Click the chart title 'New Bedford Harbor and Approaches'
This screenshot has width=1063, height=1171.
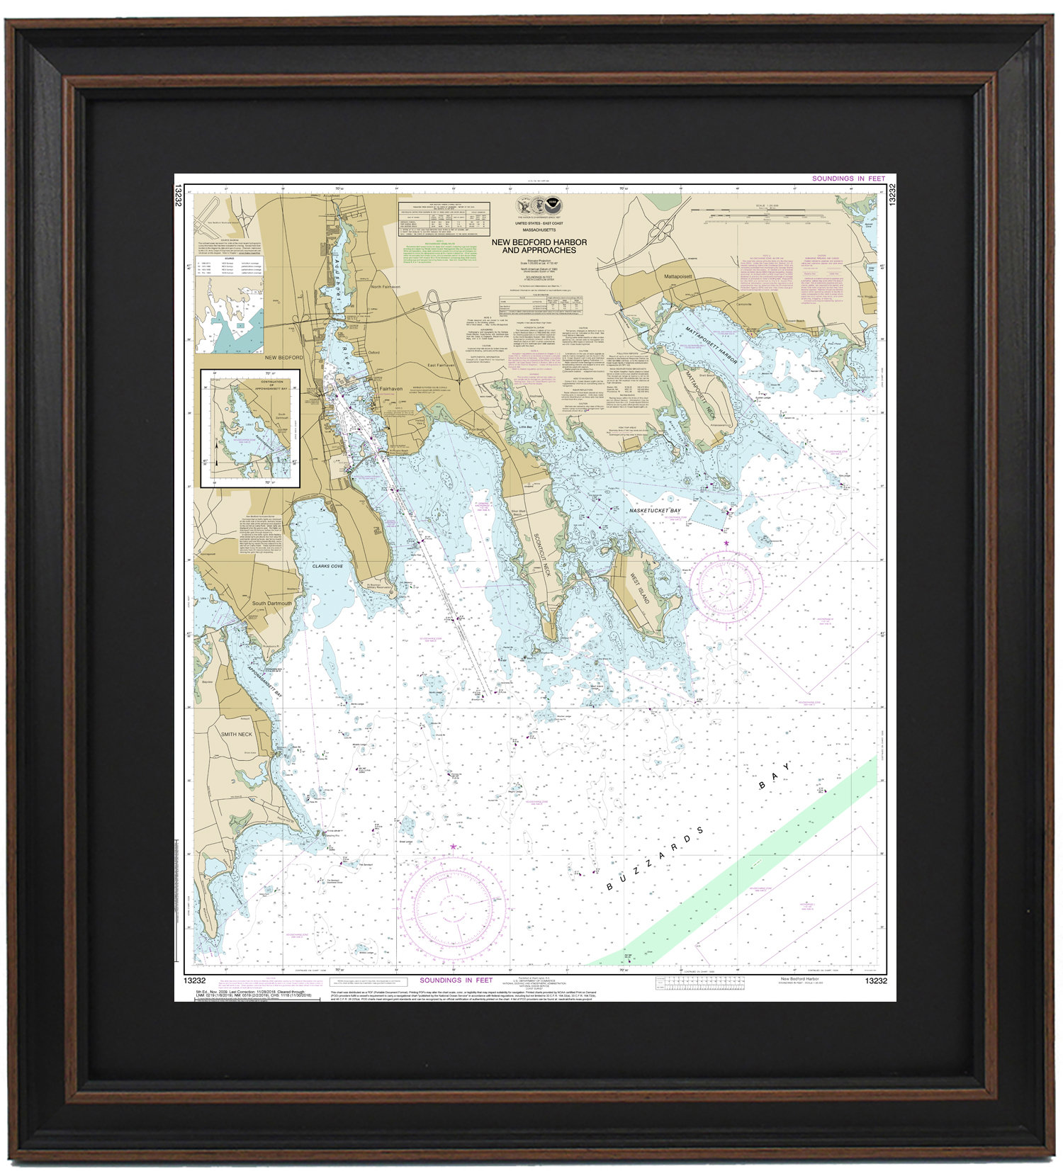pyautogui.click(x=539, y=246)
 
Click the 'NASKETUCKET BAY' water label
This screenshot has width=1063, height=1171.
pyautogui.click(x=655, y=510)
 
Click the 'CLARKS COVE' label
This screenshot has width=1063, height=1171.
pyautogui.click(x=327, y=566)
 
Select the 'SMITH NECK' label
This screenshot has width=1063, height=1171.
pyautogui.click(x=236, y=735)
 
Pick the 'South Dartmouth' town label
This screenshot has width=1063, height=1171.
pyautogui.click(x=271, y=604)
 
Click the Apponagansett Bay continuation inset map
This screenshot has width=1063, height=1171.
pyautogui.click(x=250, y=428)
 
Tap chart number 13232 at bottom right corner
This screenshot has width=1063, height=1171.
pyautogui.click(x=875, y=980)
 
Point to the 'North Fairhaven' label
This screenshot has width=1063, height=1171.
pyautogui.click(x=386, y=287)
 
